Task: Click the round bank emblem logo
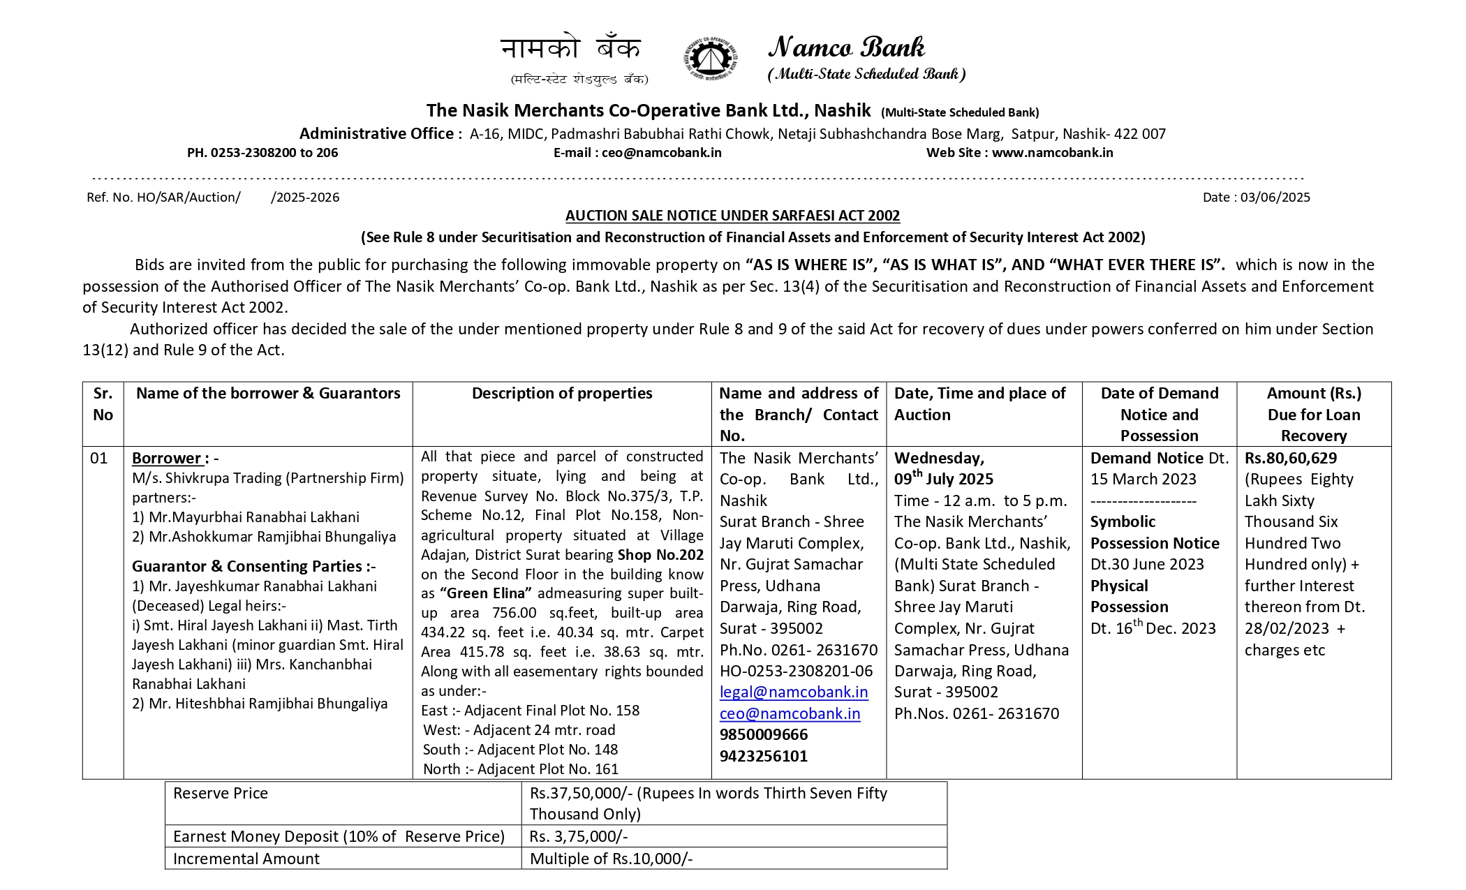coord(709,59)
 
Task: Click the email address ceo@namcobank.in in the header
coord(661,153)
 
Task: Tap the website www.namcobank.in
coord(1052,153)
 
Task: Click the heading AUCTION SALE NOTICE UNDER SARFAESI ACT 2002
coord(732,216)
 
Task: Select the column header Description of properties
coord(561,394)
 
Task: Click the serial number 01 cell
coord(99,459)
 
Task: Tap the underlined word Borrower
coord(166,459)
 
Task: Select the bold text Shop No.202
coord(660,555)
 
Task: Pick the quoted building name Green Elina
coord(486,593)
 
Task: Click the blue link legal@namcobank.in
coord(794,692)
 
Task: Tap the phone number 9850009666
coord(763,735)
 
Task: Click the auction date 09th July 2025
coord(943,480)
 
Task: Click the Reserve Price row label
coord(221,794)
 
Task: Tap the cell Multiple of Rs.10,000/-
coord(611,859)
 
